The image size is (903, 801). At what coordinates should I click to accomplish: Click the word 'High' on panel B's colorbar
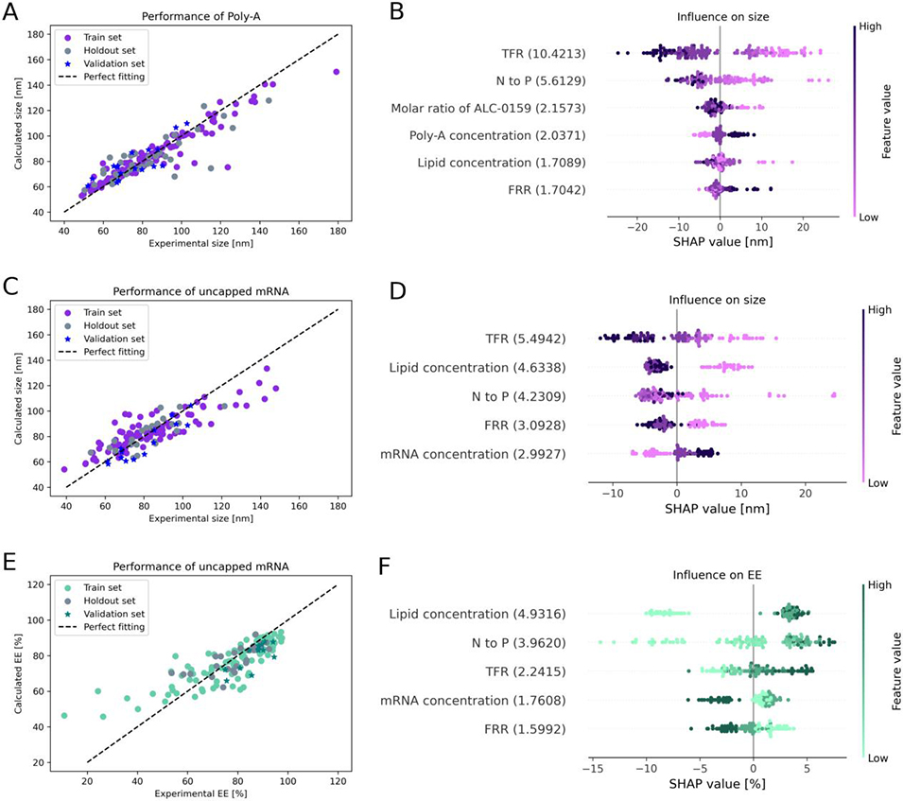pyautogui.click(x=869, y=26)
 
